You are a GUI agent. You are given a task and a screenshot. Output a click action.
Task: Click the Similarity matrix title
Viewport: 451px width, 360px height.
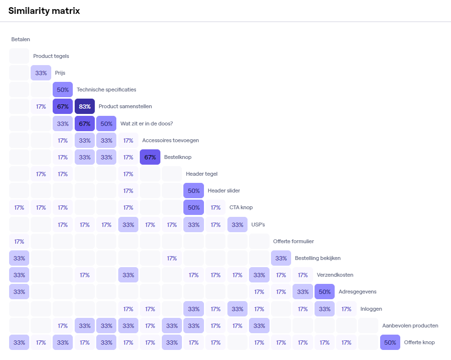[x=44, y=11]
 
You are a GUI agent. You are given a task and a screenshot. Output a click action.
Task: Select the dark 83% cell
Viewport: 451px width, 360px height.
[x=85, y=106]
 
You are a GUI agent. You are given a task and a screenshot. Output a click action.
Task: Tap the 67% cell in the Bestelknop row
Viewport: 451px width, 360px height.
[x=150, y=157]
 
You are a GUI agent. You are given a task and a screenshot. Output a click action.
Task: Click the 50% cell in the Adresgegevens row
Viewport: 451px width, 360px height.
[x=325, y=292]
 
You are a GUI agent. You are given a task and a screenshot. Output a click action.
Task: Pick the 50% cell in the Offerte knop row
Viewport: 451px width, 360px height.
[x=390, y=342]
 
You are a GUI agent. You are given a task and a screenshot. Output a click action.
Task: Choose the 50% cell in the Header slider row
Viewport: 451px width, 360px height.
[x=193, y=191]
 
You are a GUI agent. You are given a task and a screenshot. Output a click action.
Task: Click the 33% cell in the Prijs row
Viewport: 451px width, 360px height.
[x=41, y=73]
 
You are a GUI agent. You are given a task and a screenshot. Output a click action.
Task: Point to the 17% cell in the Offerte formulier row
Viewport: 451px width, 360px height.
[x=19, y=241]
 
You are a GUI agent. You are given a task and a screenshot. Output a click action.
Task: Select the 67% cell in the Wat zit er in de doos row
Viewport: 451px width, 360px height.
[x=85, y=123]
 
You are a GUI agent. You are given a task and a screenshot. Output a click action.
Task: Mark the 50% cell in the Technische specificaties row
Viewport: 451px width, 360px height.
[x=63, y=90]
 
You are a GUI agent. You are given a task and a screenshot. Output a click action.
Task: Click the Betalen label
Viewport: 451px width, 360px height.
[x=21, y=39]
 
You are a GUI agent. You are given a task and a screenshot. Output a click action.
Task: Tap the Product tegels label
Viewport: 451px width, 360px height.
[x=51, y=56]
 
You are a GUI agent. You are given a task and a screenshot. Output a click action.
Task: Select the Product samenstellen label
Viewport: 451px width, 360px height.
[x=125, y=106]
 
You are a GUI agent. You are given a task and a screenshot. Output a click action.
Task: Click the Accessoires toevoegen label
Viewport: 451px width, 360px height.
[x=170, y=140]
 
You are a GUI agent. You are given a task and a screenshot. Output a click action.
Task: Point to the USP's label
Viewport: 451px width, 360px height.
[x=258, y=224]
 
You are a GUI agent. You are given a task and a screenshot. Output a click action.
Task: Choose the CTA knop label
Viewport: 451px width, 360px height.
[x=241, y=207]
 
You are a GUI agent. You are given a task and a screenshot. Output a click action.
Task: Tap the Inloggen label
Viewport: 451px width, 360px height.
[x=371, y=309]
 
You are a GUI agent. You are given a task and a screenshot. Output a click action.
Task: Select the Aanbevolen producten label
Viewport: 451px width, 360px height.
[x=410, y=326]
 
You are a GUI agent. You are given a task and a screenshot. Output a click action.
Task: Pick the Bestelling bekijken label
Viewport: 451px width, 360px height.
[x=317, y=258]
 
